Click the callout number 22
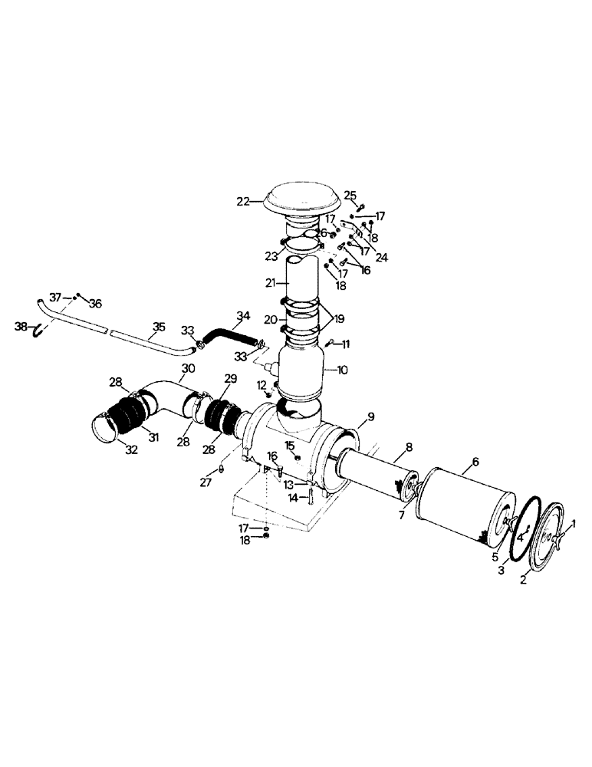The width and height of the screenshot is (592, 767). [x=243, y=201]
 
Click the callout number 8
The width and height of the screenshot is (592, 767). [x=409, y=446]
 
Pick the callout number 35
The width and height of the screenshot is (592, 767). [x=158, y=327]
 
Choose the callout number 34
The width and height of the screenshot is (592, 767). [x=243, y=315]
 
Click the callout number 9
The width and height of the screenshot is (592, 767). [x=370, y=416]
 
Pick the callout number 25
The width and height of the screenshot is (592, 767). [x=350, y=195]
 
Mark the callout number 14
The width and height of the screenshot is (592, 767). [x=293, y=498]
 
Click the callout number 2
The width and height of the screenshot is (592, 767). [x=524, y=581]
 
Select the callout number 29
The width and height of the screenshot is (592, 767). [x=231, y=379]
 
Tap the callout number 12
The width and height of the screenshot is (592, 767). [x=261, y=384]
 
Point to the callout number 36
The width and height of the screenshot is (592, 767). [x=95, y=303]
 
